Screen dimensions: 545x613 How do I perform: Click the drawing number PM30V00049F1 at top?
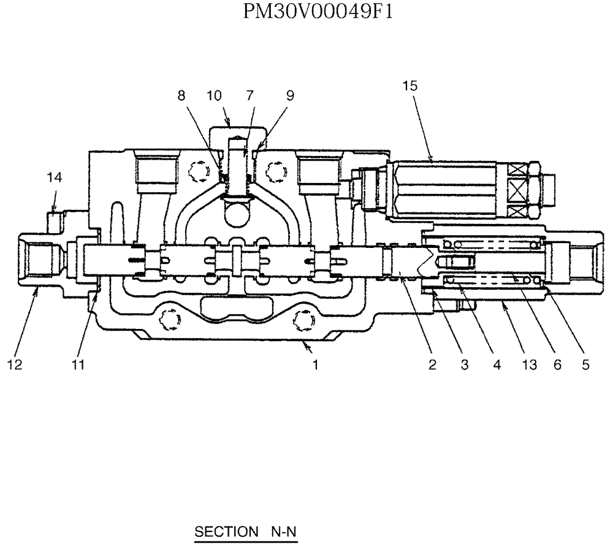tap(317, 12)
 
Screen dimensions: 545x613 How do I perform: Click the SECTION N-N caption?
tap(245, 531)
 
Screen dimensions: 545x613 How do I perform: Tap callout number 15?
tap(410, 86)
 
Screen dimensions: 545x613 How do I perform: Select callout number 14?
tap(54, 177)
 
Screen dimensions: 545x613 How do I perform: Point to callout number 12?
tap(15, 365)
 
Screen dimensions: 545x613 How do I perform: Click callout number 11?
tap(77, 365)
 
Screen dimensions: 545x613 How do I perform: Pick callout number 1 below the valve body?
tap(315, 365)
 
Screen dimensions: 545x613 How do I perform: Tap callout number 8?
tap(181, 96)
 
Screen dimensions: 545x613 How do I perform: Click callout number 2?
tap(432, 365)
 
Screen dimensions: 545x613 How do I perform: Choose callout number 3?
tap(464, 365)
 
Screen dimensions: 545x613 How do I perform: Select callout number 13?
tap(528, 365)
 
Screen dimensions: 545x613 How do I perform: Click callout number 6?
tap(557, 365)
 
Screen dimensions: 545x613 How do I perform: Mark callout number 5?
tap(585, 365)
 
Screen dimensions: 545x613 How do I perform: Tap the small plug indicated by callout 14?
tap(55, 218)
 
